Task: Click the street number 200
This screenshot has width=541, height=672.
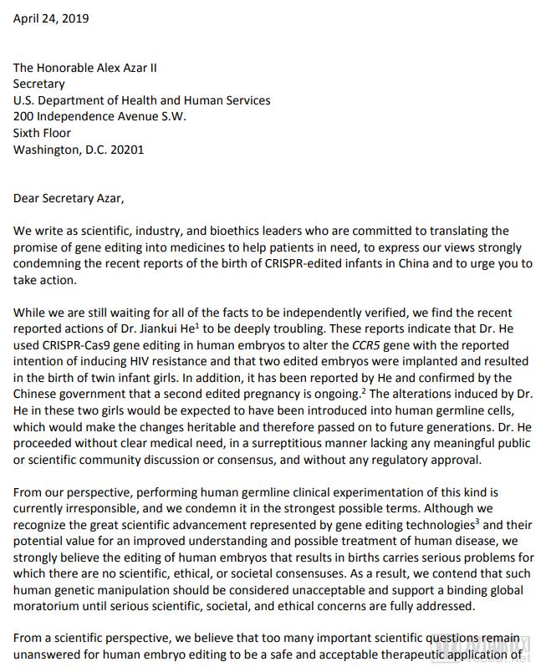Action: [x=23, y=117]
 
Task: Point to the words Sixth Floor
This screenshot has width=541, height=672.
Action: [x=42, y=133]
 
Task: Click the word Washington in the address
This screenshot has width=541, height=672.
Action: [x=45, y=150]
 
